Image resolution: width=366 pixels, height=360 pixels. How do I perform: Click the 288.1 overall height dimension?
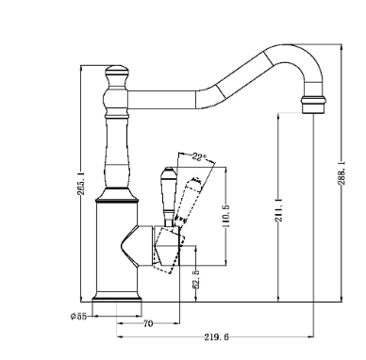click(341, 173)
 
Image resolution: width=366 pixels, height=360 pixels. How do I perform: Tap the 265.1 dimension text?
click(81, 184)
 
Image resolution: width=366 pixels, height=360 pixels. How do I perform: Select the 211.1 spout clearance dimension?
click(278, 210)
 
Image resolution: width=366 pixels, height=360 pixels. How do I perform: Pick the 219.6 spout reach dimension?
click(216, 337)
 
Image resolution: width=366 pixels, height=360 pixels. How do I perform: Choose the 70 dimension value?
click(148, 323)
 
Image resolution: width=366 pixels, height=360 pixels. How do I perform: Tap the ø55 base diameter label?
click(78, 316)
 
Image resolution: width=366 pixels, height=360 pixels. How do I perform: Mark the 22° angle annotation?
click(199, 156)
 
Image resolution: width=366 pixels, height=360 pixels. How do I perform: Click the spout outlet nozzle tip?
click(313, 105)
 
